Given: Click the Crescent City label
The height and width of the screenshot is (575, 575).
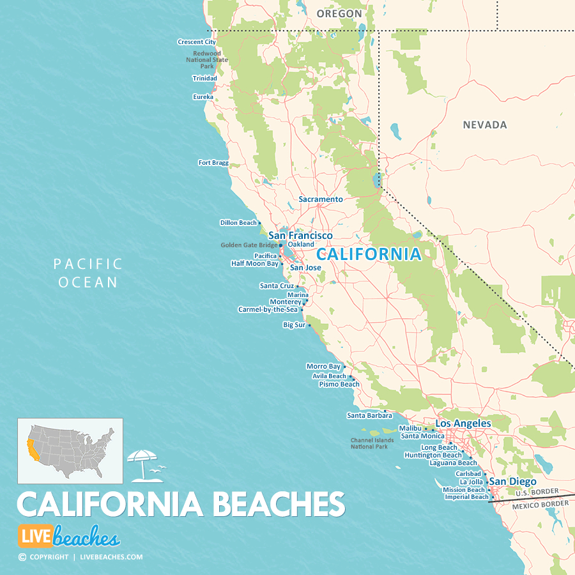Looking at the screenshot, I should pyautogui.click(x=197, y=42).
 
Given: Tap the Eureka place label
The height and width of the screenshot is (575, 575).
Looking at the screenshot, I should pyautogui.click(x=203, y=97).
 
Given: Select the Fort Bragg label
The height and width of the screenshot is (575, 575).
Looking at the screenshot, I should pyautogui.click(x=213, y=163).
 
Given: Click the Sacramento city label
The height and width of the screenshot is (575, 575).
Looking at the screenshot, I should pyautogui.click(x=321, y=199).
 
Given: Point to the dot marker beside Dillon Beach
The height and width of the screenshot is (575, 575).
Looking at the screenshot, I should pyautogui.click(x=260, y=223).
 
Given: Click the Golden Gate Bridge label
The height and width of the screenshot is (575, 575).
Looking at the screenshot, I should pyautogui.click(x=249, y=245).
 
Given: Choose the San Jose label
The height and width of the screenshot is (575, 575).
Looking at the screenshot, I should pyautogui.click(x=305, y=268).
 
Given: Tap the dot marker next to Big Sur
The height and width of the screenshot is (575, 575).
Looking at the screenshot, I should pyautogui.click(x=309, y=325).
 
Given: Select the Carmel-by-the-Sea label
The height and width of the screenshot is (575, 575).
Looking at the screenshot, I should pyautogui.click(x=268, y=309).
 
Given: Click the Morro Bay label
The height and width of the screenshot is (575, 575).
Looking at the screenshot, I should pyautogui.click(x=323, y=367).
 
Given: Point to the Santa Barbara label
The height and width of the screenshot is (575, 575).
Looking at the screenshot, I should pyautogui.click(x=369, y=415).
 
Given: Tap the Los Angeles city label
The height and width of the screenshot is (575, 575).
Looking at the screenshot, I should pyautogui.click(x=463, y=424).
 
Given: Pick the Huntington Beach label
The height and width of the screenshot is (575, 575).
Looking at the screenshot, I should pyautogui.click(x=433, y=456).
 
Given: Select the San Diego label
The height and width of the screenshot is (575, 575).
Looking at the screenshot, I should pyautogui.click(x=513, y=482).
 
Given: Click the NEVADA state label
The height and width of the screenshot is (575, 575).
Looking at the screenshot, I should pyautogui.click(x=485, y=125).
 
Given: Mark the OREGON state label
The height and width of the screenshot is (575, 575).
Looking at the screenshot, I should pyautogui.click(x=339, y=13).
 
